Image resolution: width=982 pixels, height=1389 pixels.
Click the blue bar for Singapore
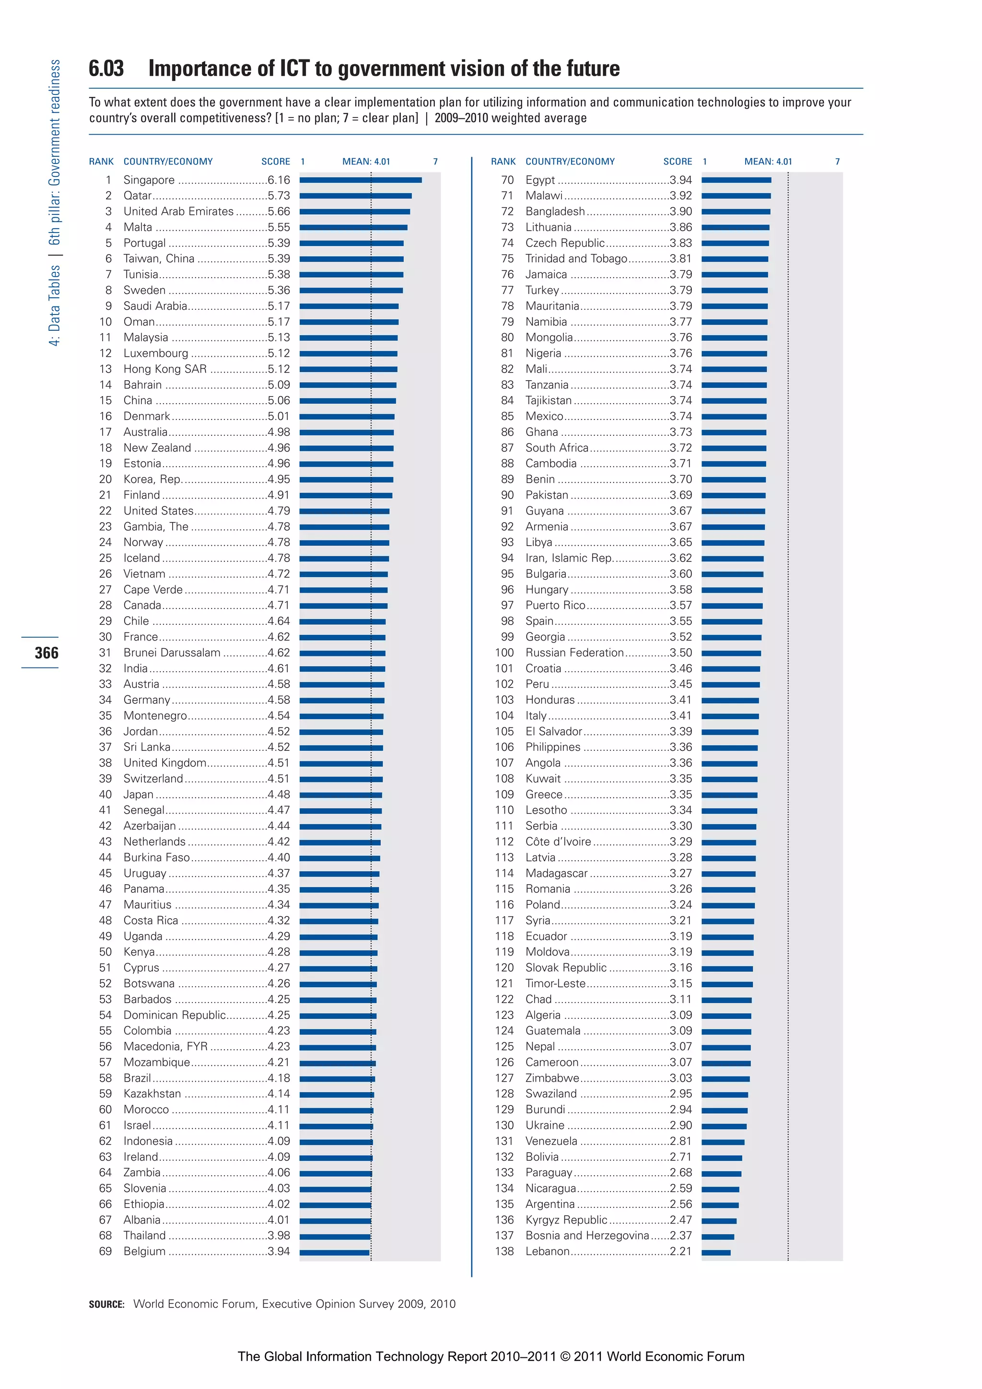click(361, 180)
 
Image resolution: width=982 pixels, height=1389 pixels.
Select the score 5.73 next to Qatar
click(279, 196)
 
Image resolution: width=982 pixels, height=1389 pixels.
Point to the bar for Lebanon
click(716, 1252)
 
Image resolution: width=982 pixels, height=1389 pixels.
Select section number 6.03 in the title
click(106, 69)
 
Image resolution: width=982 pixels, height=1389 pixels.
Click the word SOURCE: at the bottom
click(106, 1304)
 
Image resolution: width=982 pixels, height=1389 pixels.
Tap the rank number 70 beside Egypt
click(507, 180)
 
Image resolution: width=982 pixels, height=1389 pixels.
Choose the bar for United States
click(344, 511)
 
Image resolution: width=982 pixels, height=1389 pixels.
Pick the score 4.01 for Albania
click(279, 1220)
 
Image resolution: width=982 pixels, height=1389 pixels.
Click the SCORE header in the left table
click(275, 162)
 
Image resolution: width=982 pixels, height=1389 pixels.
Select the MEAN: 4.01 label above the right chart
click(768, 162)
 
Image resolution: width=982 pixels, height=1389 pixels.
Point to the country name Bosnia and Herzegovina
click(587, 1236)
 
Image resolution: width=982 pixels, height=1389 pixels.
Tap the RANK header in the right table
click(503, 162)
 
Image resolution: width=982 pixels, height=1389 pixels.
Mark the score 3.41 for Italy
click(681, 716)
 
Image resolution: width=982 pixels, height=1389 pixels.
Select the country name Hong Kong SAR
click(164, 369)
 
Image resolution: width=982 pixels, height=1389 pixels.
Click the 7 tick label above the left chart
click(435, 162)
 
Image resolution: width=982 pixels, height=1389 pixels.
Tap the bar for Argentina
click(720, 1205)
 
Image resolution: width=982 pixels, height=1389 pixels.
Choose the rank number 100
click(504, 653)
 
